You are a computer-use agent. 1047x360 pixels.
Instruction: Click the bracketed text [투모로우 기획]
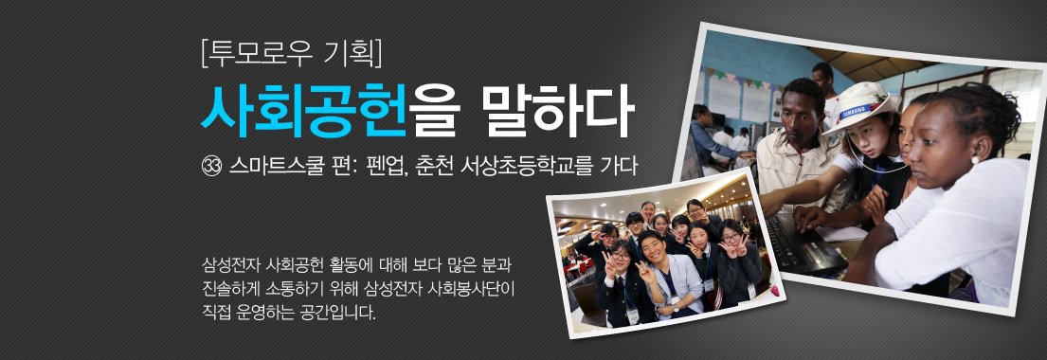pyautogui.click(x=291, y=54)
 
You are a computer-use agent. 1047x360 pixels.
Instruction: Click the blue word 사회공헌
pyautogui.click(x=303, y=111)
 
